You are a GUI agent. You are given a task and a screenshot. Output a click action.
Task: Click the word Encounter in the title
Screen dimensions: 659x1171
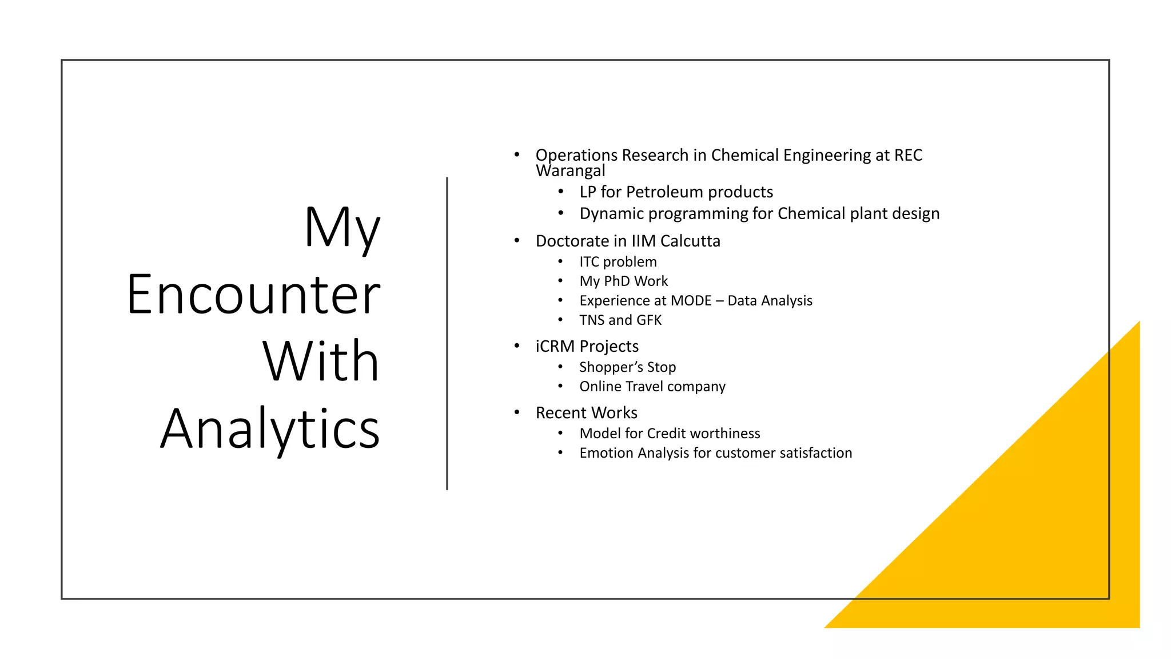pyautogui.click(x=253, y=295)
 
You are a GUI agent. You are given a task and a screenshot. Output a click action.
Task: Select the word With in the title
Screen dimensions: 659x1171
pyautogui.click(x=320, y=362)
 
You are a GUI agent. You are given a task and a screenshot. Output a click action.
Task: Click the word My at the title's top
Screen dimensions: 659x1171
pyautogui.click(x=341, y=228)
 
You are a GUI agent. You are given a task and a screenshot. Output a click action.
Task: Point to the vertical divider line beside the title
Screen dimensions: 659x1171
pyautogui.click(x=447, y=333)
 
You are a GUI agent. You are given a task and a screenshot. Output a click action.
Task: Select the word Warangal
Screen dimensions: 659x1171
pyautogui.click(x=570, y=170)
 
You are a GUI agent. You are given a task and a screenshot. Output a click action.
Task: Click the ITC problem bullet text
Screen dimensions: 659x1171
pyautogui.click(x=618, y=262)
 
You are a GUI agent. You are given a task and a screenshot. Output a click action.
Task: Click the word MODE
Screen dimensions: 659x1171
pyautogui.click(x=691, y=301)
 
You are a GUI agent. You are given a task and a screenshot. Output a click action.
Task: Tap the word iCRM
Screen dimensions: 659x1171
pyautogui.click(x=555, y=347)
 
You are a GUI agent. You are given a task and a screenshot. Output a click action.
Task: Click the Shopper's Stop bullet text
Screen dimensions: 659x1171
pyautogui.click(x=627, y=367)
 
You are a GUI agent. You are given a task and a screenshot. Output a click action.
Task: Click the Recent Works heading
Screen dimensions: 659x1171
pyautogui.click(x=586, y=413)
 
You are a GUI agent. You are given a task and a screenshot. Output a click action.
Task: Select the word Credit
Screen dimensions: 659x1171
pyautogui.click(x=666, y=434)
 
